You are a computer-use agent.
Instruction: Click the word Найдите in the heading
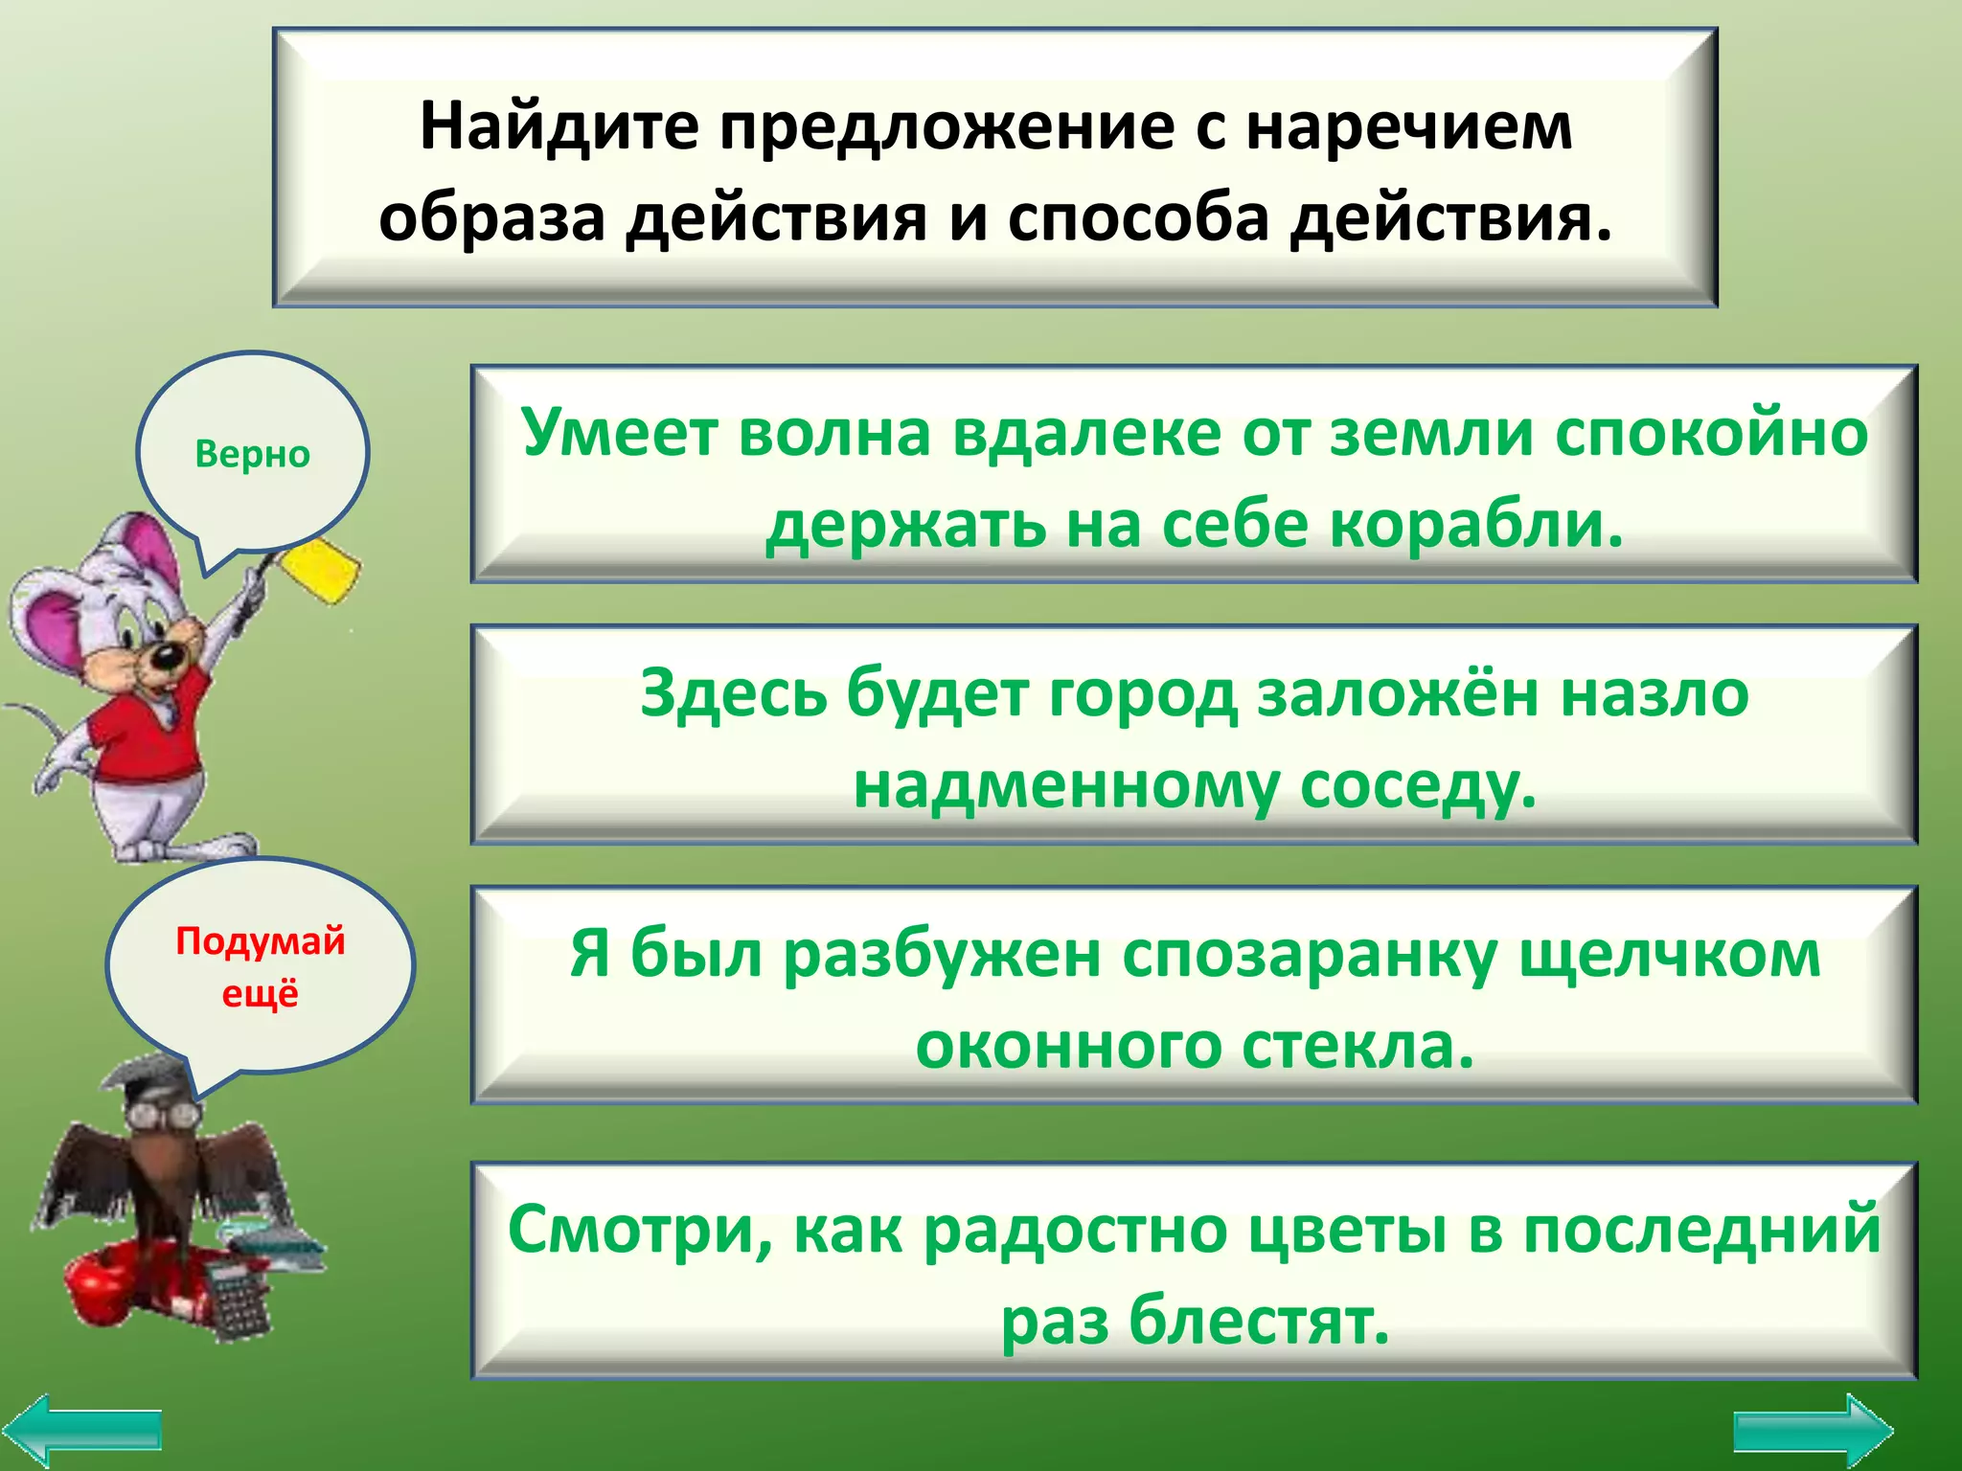pyautogui.click(x=559, y=127)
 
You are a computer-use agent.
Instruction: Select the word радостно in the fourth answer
pyautogui.click(x=1074, y=1231)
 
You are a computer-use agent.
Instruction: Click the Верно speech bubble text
pyautogui.click(x=252, y=454)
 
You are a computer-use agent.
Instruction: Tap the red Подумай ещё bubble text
pyautogui.click(x=260, y=966)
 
